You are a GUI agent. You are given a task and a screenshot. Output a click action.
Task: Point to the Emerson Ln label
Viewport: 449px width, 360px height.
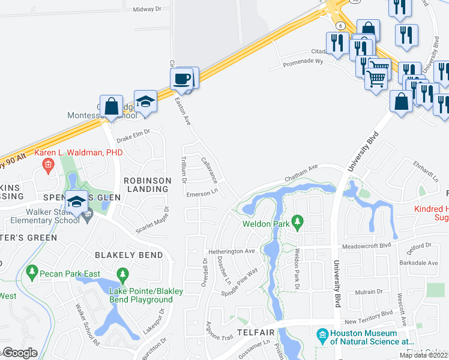(x=201, y=194)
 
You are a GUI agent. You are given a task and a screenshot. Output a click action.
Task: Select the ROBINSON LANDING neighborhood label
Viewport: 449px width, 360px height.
(x=146, y=184)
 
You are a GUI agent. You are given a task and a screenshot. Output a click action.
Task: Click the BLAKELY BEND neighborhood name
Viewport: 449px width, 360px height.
(x=129, y=255)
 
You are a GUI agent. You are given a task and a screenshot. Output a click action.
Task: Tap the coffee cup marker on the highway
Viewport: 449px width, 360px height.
(x=181, y=79)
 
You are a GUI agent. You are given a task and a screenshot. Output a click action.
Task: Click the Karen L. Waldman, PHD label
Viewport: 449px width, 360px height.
(x=79, y=153)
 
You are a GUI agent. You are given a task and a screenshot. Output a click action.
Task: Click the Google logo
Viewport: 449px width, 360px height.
(x=20, y=353)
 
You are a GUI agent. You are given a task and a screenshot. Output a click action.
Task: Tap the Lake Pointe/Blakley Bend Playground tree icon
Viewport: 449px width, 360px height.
(x=122, y=275)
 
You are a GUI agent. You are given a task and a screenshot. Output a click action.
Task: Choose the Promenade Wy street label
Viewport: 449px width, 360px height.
(x=304, y=62)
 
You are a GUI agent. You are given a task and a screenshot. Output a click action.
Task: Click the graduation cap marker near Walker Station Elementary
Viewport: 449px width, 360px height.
(x=77, y=202)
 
